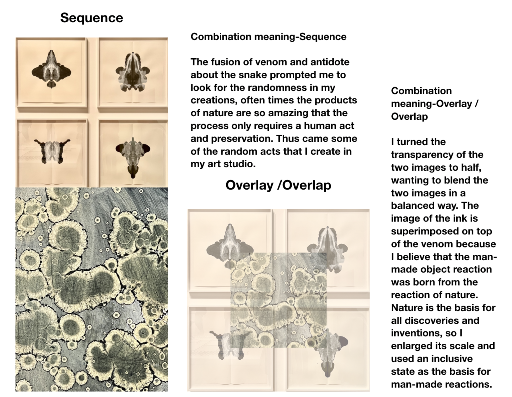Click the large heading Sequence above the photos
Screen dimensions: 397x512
click(x=91, y=18)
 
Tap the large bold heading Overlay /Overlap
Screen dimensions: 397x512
click(x=278, y=185)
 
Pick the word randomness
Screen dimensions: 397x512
click(x=304, y=88)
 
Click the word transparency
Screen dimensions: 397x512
click(x=424, y=155)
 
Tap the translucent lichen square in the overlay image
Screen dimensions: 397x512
click(x=278, y=300)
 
